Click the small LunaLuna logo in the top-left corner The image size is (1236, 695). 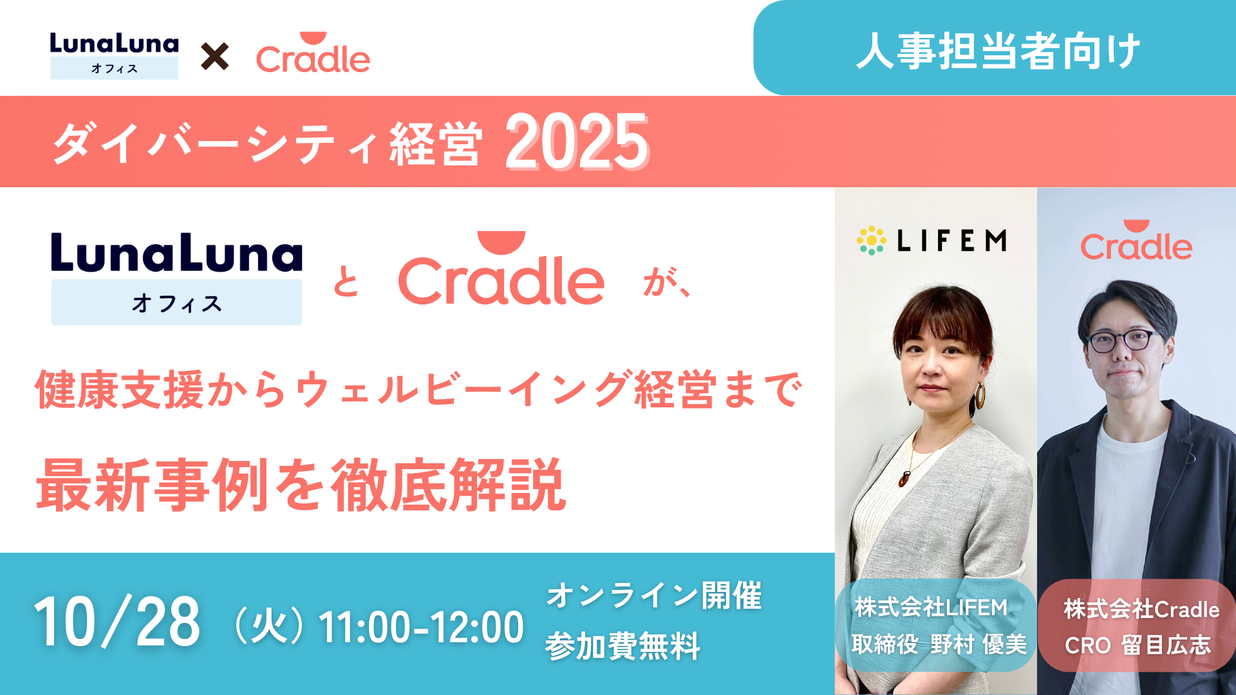pos(115,56)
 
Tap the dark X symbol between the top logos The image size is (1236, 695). pos(214,57)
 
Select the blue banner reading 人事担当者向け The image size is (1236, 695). pos(995,48)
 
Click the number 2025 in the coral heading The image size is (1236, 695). pos(577,142)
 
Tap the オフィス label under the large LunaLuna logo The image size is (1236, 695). pos(177,302)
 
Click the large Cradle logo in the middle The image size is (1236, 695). pos(501,269)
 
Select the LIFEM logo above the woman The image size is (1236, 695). pos(932,241)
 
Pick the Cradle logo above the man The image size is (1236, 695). pos(1136,240)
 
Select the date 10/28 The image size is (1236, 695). pos(117,622)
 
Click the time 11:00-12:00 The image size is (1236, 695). pos(422,627)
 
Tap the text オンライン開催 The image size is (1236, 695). pos(654,595)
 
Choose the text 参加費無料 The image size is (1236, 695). pos(623,646)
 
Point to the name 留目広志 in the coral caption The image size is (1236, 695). pos(1166,645)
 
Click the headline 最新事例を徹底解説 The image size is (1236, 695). pos(301,485)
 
